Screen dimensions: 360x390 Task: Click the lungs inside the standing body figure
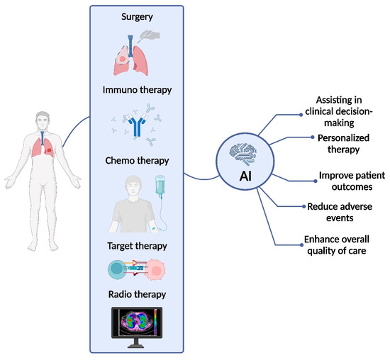coord(32,146)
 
